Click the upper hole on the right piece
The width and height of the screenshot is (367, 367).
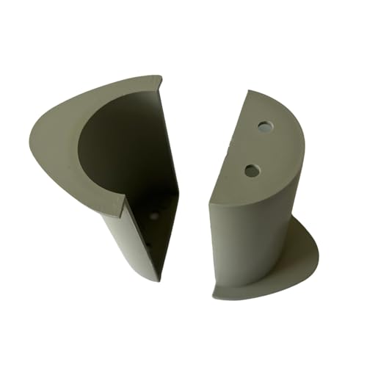click(264, 126)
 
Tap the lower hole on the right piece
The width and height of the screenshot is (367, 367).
click(252, 170)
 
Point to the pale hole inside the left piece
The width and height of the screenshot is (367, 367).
click(153, 217)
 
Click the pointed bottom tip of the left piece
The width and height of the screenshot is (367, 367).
click(156, 280)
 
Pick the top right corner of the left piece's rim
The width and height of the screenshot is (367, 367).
click(161, 78)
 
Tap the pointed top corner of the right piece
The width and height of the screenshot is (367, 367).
click(248, 91)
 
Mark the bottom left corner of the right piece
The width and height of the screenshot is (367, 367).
click(214, 297)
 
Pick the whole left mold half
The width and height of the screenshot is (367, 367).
click(110, 169)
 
